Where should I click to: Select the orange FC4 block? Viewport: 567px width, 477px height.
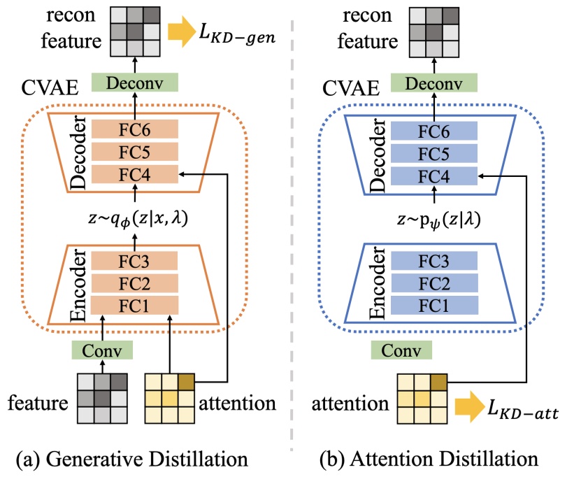coord(136,175)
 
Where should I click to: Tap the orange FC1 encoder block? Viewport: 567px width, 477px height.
coord(136,306)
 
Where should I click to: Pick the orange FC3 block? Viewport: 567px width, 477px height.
coord(136,262)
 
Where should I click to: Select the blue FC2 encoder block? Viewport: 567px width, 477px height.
coord(434,283)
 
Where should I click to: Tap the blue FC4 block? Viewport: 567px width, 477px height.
coord(434,175)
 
